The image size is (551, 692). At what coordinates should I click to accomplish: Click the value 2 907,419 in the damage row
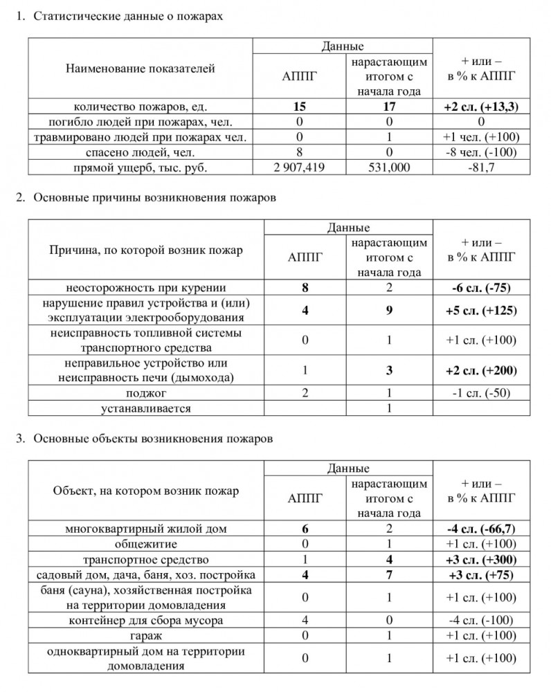[x=300, y=168]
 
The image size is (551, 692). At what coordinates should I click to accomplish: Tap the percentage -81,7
[x=482, y=168]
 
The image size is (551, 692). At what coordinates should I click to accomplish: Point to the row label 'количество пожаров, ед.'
[x=141, y=107]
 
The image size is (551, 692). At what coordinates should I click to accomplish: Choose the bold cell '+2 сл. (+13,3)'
[x=482, y=107]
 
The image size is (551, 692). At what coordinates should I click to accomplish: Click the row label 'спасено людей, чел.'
[x=141, y=153]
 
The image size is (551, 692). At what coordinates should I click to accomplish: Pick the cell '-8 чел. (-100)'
[x=482, y=153]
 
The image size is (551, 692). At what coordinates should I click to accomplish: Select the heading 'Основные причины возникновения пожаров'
[x=154, y=198]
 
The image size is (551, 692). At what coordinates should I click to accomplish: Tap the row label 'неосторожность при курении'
[x=141, y=288]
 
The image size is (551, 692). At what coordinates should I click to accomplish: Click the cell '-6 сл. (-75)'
[x=482, y=288]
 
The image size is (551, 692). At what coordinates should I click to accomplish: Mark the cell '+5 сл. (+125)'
[x=482, y=311]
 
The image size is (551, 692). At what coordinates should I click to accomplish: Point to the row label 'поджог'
[x=141, y=393]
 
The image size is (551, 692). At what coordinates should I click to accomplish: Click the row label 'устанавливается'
[x=141, y=408]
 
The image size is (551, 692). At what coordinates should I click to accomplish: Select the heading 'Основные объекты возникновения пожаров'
[x=153, y=439]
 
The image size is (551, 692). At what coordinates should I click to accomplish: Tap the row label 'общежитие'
[x=141, y=544]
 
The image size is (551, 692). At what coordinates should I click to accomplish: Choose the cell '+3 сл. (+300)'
[x=482, y=559]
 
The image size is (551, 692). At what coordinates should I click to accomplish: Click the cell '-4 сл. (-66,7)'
[x=482, y=529]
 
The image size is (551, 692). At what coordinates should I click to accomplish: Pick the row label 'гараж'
[x=141, y=635]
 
